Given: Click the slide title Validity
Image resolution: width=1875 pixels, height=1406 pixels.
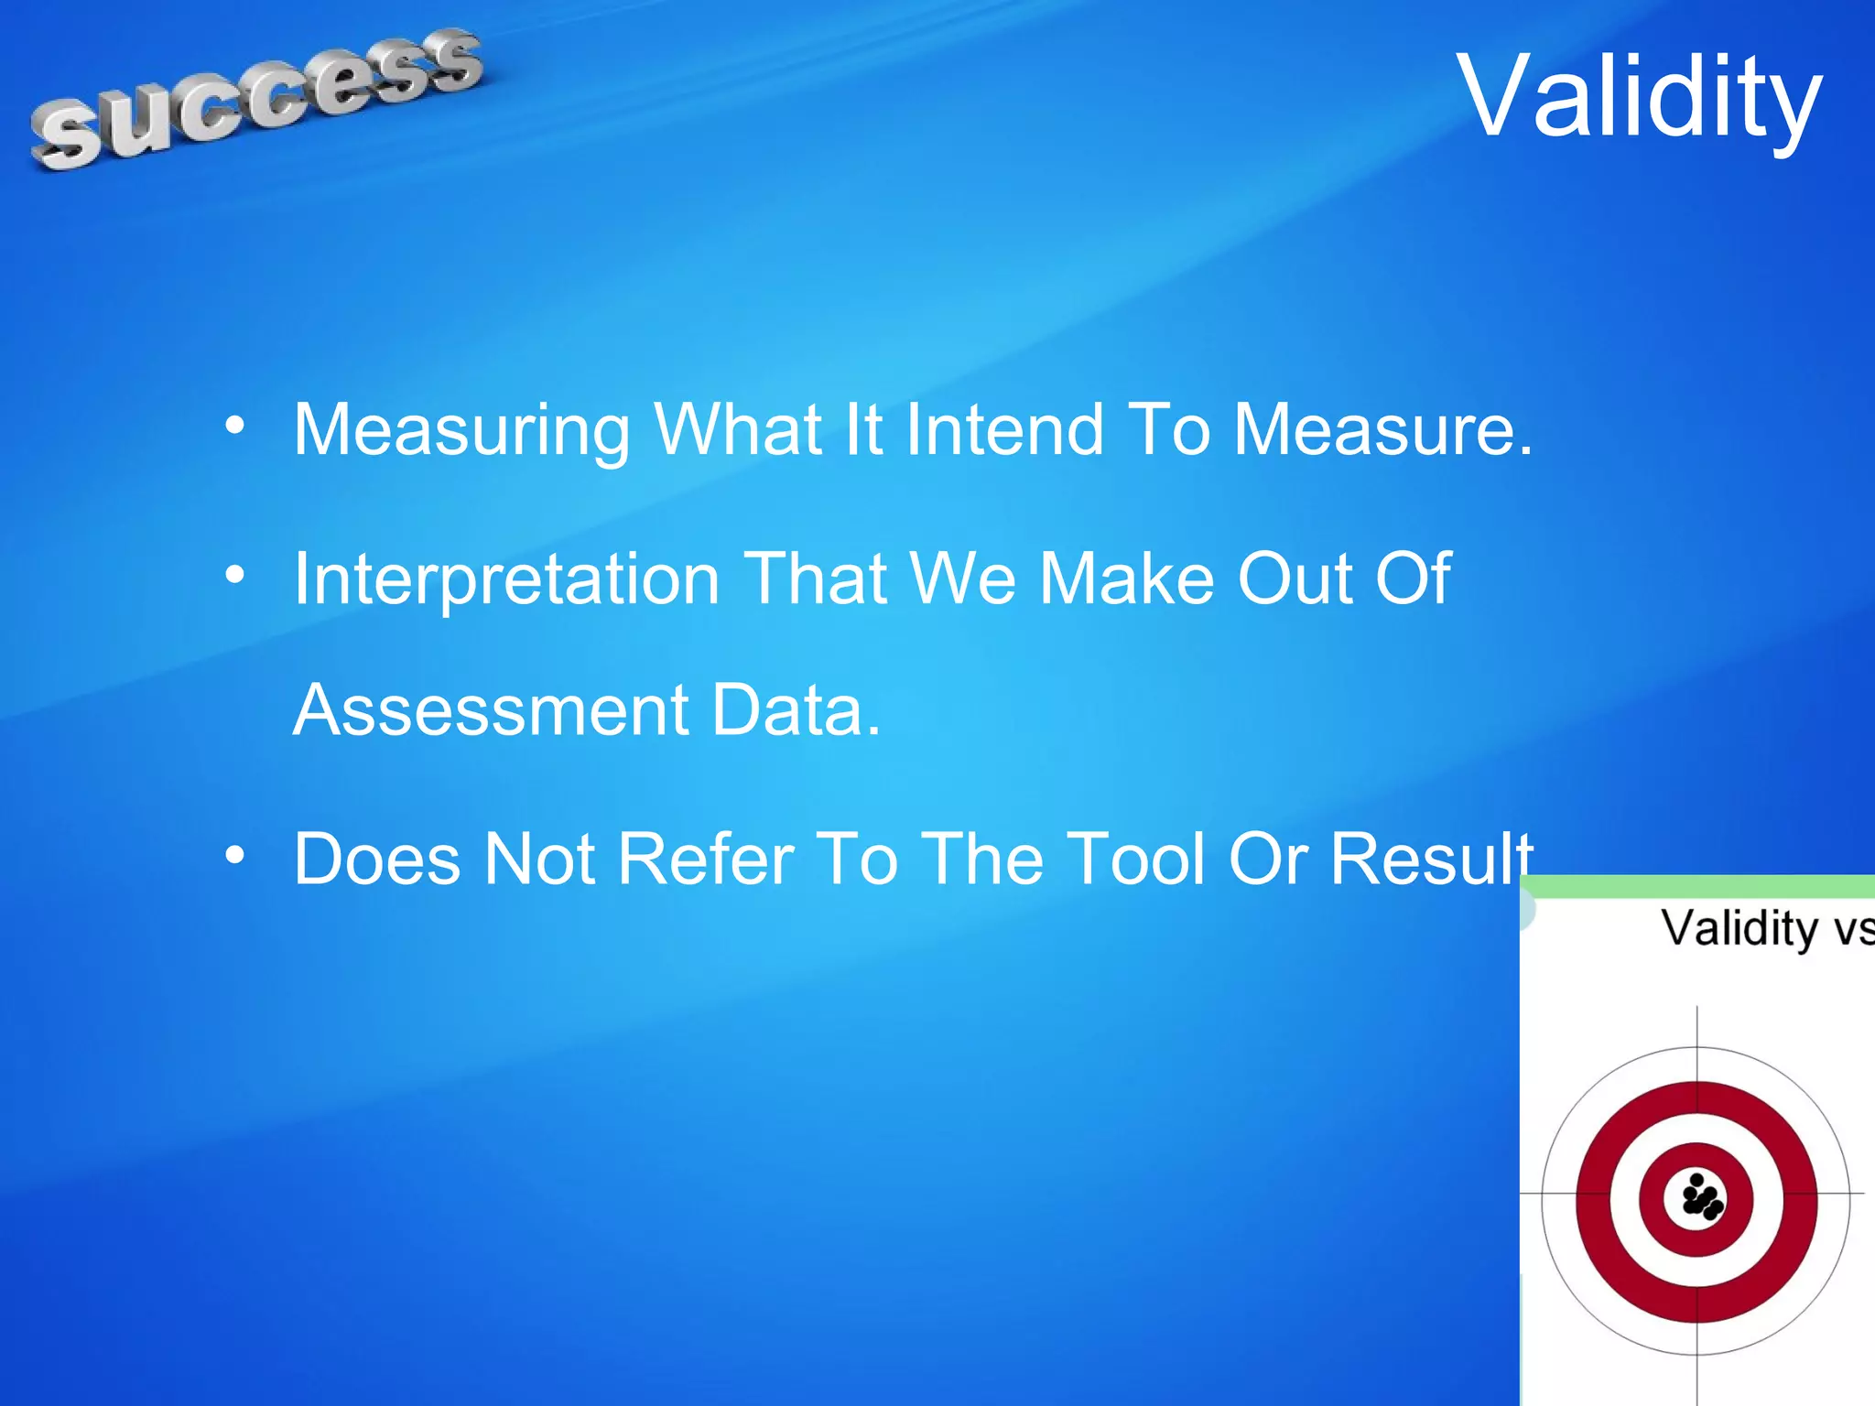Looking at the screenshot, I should pos(1639,97).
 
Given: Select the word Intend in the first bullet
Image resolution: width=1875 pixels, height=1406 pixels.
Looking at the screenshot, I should pos(1004,429).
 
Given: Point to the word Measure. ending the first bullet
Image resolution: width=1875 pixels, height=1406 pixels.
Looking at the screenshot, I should pos(1382,429).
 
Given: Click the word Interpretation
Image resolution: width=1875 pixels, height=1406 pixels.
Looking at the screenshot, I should pos(506,579).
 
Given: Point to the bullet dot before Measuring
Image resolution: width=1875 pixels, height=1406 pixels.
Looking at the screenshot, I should pos(235,425).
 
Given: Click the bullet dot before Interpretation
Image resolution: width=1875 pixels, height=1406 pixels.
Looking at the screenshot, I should pos(235,575).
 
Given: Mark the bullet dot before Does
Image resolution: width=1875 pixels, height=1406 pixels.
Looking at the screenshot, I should pos(235,855).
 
